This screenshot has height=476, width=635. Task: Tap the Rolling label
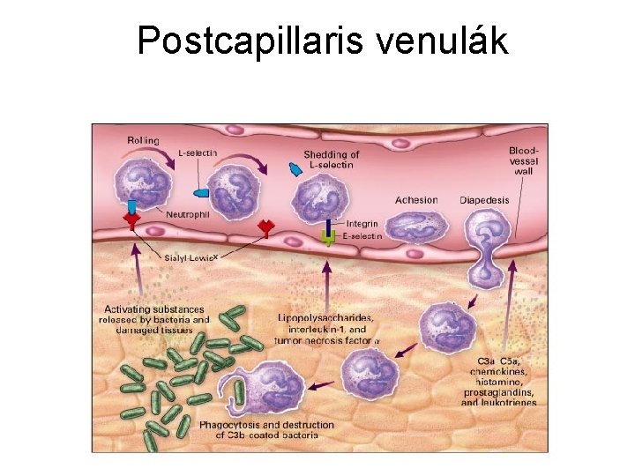pos(143,139)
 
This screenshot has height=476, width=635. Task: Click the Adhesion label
pos(416,200)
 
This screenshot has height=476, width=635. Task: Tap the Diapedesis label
pos(484,200)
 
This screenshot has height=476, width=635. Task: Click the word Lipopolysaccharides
pos(325,318)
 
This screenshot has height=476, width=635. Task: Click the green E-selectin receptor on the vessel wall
pos(328,236)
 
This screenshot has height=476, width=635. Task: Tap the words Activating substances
pos(154,309)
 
